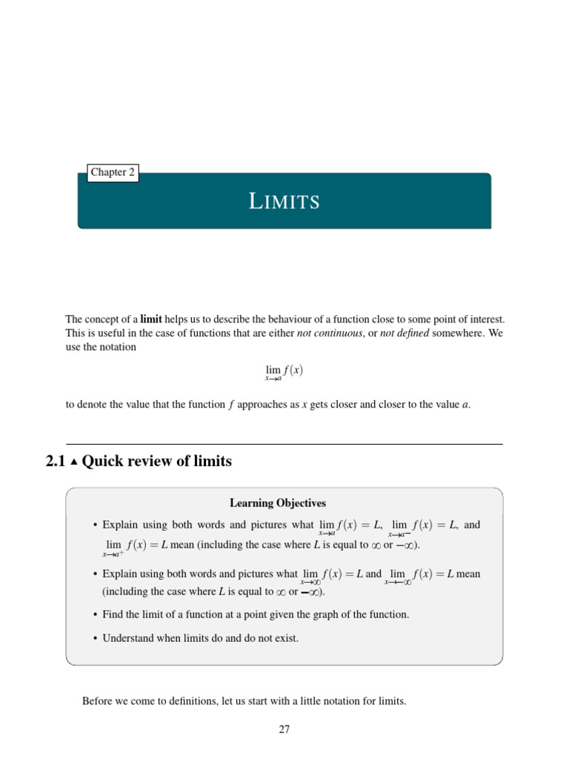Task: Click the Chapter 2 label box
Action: pos(113,173)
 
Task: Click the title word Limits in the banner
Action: pos(284,201)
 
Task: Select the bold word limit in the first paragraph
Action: pos(151,319)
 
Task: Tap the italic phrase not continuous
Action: pos(330,333)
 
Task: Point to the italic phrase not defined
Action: pos(404,333)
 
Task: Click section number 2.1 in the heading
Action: pos(56,461)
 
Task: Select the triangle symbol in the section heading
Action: pos(74,462)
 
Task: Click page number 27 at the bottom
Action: pos(284,729)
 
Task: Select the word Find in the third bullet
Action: pos(113,614)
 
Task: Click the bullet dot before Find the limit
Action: pos(96,614)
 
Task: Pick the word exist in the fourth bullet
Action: pos(286,637)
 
